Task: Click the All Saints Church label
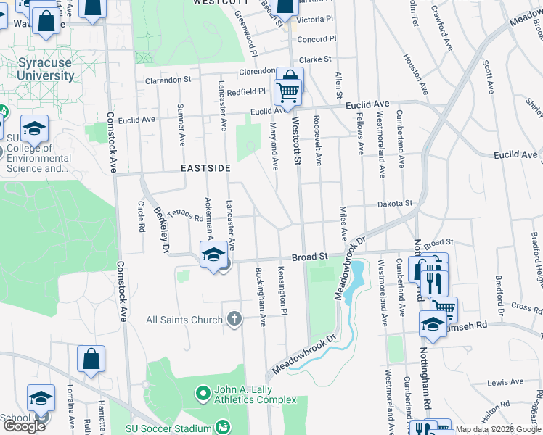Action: pos(184,320)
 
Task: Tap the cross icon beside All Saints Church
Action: pos(234,318)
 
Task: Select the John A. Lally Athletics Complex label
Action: pos(255,395)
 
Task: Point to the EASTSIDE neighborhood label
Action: pos(206,168)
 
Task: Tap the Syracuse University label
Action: pos(45,69)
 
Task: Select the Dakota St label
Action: pos(394,204)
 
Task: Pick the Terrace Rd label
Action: pos(185,215)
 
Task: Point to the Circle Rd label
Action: pos(141,216)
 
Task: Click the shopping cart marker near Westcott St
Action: pos(287,92)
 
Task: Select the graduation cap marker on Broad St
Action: pos(213,254)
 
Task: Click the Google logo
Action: pos(24,426)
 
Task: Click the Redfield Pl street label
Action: pos(246,92)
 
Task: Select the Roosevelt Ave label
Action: pos(318,138)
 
